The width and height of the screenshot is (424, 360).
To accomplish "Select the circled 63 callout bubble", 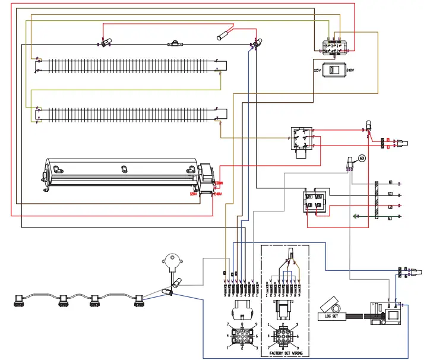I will [x=362, y=157].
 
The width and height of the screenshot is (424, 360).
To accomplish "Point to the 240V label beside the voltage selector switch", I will [x=350, y=70].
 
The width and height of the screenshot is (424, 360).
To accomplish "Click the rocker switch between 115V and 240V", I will [x=333, y=70].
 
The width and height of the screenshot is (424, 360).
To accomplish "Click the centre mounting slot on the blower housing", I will [x=124, y=169].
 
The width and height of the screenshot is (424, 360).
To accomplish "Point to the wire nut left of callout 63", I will [x=349, y=162].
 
